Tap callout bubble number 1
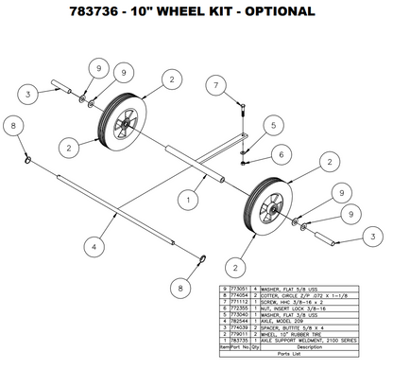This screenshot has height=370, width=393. click(x=192, y=200)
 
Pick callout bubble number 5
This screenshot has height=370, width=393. click(x=271, y=124)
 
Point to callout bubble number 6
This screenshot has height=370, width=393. click(x=282, y=151)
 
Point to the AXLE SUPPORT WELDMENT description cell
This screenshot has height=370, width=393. click(x=313, y=342)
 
